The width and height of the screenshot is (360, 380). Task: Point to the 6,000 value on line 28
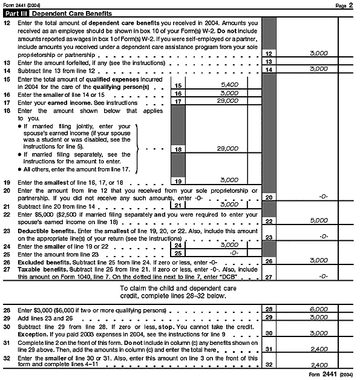[x=318, y=309]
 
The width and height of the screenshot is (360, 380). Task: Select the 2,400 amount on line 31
[x=318, y=349]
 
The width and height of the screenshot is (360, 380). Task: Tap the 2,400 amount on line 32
[x=318, y=365]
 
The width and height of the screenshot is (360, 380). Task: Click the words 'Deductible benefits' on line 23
[x=43, y=231]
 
